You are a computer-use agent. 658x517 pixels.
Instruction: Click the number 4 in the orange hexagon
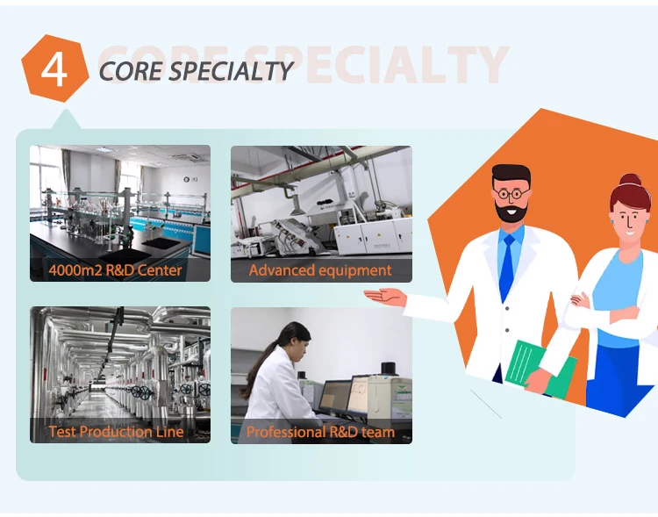[x=54, y=69]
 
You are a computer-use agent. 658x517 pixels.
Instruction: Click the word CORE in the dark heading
[x=130, y=70]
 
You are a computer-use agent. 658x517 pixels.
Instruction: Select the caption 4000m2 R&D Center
[x=116, y=270]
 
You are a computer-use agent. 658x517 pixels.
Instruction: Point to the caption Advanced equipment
[x=320, y=270]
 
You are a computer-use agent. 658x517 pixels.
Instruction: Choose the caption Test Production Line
[x=116, y=432]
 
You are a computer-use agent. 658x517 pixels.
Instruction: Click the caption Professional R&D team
[x=320, y=432]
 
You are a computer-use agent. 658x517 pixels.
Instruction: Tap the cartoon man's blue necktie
[x=507, y=267]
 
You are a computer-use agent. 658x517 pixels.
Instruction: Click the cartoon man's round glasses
[x=511, y=194]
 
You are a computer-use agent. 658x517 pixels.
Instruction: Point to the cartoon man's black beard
[x=511, y=211]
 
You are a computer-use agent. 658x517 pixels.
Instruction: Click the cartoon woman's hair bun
[x=630, y=180]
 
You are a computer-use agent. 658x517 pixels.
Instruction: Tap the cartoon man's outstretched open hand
[x=385, y=297]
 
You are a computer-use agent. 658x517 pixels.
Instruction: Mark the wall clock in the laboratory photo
[x=186, y=179]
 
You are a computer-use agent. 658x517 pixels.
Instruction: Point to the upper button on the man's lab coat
[x=507, y=308]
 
